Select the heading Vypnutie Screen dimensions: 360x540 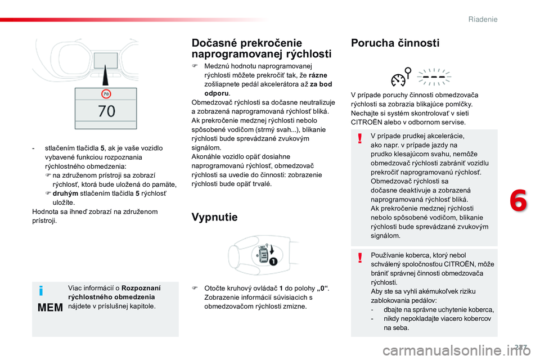click(214, 217)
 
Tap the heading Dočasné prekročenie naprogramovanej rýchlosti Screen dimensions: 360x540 click(261, 48)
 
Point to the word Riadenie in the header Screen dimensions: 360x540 click(483, 20)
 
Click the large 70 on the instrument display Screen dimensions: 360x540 click(106, 111)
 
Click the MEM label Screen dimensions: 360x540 click(49, 308)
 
